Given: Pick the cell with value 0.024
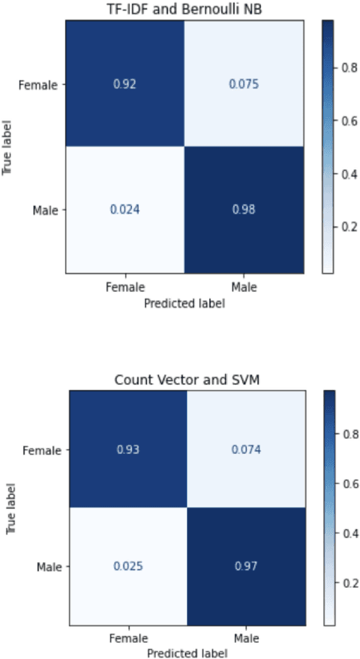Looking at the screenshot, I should (x=126, y=208).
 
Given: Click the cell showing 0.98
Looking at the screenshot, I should (x=245, y=208).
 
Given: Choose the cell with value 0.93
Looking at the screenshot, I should (x=128, y=450).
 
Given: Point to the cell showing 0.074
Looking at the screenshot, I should (x=247, y=450).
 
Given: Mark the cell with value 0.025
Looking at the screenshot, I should (x=128, y=566).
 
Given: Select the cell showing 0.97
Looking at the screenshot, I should (x=247, y=566).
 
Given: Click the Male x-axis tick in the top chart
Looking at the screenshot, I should (x=245, y=286).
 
